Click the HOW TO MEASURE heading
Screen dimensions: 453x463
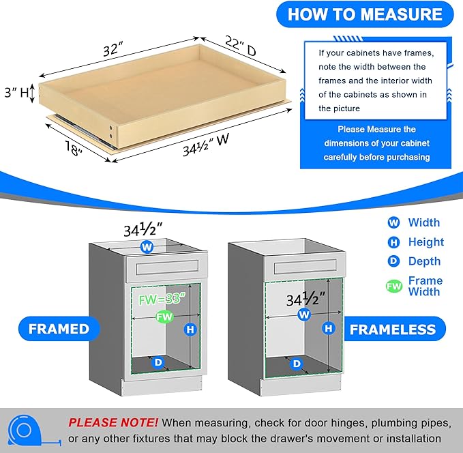364,14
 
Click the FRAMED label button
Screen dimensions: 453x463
59,329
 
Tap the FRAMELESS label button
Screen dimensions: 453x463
392,330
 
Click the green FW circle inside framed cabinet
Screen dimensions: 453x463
163,317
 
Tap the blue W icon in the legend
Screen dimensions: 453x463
393,222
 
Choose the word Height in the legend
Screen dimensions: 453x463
425,242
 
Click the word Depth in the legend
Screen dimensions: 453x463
424,261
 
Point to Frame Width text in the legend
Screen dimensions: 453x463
425,286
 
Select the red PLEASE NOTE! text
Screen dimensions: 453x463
113,422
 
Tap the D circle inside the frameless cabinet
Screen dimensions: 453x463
296,364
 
